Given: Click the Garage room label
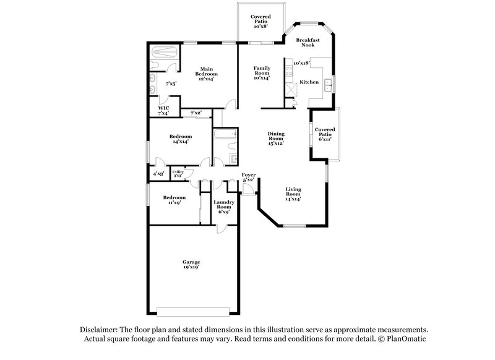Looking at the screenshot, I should pyautogui.click(x=191, y=265).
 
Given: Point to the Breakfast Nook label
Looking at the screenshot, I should pyautogui.click(x=307, y=43).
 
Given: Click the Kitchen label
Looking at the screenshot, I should pyautogui.click(x=309, y=82).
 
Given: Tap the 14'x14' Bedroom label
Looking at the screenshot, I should pyautogui.click(x=181, y=139).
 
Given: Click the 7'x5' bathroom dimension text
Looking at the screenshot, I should pyautogui.click(x=170, y=83).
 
